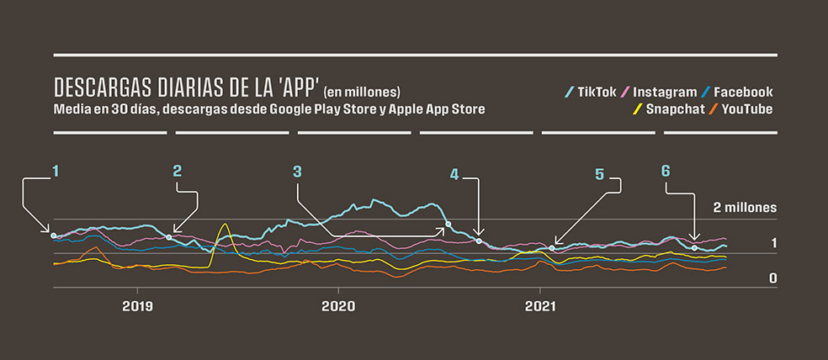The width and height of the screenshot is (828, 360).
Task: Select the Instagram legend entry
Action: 664,92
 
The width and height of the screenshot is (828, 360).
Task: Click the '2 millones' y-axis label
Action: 744,207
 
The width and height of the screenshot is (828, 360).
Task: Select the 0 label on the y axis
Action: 772,278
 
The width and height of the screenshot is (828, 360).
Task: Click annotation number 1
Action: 56,171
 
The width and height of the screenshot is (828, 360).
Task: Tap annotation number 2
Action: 177,171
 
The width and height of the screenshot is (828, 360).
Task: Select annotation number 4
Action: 454,174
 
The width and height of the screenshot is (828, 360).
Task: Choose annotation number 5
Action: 600,174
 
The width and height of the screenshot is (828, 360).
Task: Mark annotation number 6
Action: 666,171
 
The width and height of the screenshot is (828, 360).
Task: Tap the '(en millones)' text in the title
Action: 363,92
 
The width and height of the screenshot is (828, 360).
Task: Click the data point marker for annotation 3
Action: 448,225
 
